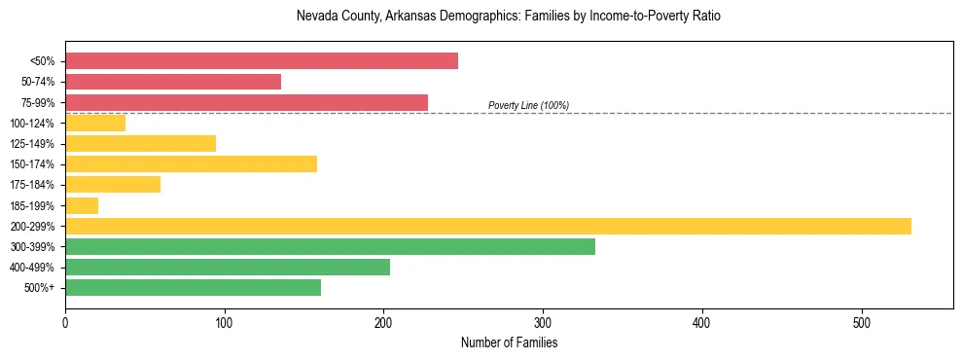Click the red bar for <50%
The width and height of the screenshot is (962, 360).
click(x=261, y=61)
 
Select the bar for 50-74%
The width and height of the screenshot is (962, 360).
click(x=173, y=82)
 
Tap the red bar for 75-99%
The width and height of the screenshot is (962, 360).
click(x=246, y=102)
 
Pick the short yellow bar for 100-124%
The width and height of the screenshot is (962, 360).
click(x=95, y=123)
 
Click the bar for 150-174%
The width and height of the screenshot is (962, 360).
click(x=191, y=163)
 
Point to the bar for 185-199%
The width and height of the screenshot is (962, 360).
click(x=82, y=205)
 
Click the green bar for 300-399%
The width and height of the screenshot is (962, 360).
click(x=330, y=246)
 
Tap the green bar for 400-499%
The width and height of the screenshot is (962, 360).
click(x=228, y=267)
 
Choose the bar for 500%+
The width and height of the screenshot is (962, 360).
click(x=193, y=287)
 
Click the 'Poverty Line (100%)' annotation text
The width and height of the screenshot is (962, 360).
click(x=528, y=105)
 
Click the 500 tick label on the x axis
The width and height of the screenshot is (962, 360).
click(x=861, y=323)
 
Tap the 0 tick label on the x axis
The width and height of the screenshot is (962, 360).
click(x=65, y=323)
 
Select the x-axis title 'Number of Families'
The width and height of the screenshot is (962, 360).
click(x=509, y=342)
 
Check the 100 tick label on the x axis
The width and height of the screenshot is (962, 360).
click(x=225, y=323)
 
